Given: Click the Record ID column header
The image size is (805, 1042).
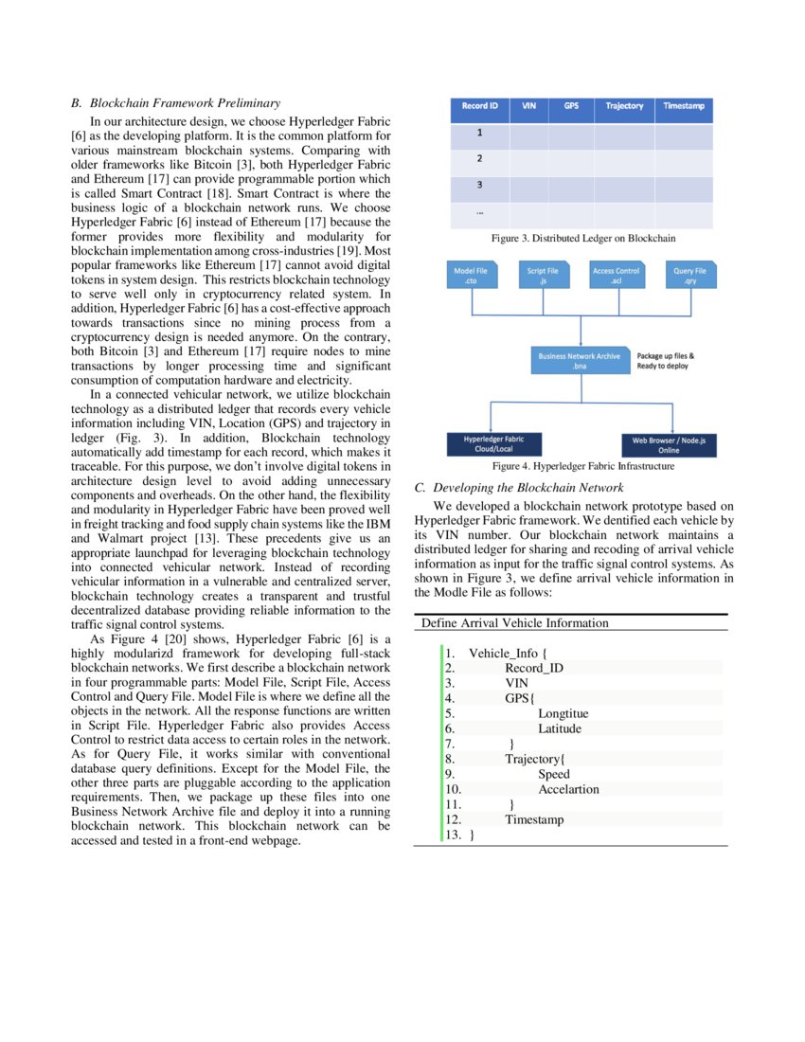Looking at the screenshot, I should pos(479,106).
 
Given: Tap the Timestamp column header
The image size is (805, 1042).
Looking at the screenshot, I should pos(684,106).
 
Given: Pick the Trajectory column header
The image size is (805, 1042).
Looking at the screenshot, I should pos(624,106).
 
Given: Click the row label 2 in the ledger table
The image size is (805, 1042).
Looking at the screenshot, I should pos(479,159).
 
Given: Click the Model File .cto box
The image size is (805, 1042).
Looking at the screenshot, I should pos(471,276).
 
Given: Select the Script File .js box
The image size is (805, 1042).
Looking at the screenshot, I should pos(543,276).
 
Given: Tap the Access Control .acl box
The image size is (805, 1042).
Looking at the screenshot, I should pos(616,276).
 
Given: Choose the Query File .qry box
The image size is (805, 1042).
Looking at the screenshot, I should pos(689,276).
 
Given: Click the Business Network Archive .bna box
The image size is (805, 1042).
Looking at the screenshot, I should pos(580,361).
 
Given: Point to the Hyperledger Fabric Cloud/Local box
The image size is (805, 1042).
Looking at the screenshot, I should pos(493,444).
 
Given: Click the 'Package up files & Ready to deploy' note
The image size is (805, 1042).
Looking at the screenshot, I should pos(666,361).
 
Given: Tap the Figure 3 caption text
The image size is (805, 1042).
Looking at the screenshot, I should pos(582,239).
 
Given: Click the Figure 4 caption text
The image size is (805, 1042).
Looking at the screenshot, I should pos(582,467).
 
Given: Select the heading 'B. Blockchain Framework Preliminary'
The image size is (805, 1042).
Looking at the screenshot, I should pos(175,102).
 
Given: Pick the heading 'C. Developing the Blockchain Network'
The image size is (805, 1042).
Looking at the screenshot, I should pos(519,488).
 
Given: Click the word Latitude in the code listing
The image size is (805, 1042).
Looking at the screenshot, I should pos(560,728).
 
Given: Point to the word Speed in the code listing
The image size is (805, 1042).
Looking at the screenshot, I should pos(554,774).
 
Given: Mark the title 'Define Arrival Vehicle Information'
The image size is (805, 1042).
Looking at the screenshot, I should pos(515,623).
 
